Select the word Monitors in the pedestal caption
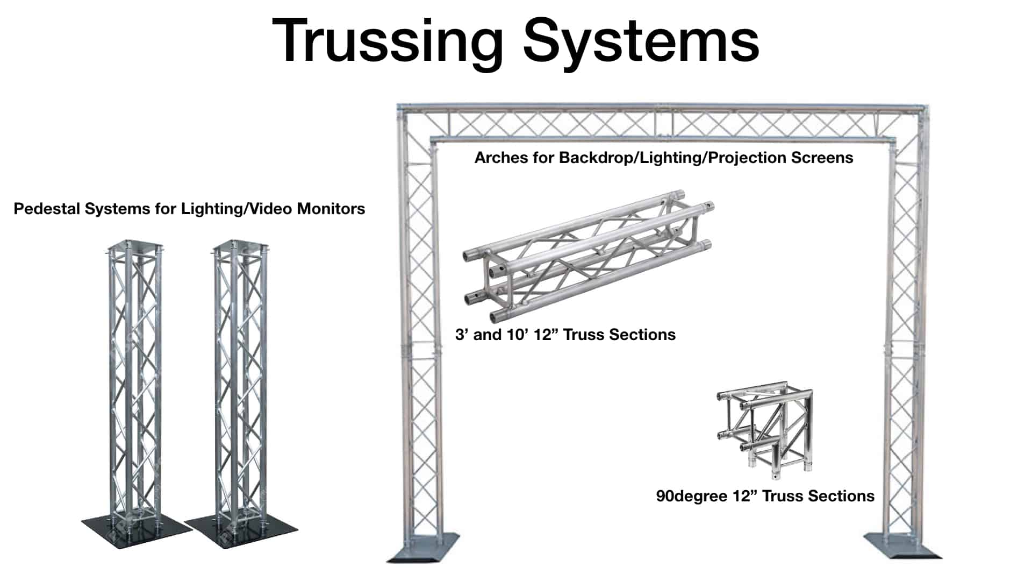331,209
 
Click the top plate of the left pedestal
134,247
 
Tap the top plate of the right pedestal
240,247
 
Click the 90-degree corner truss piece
765,430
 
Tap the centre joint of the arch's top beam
666,124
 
